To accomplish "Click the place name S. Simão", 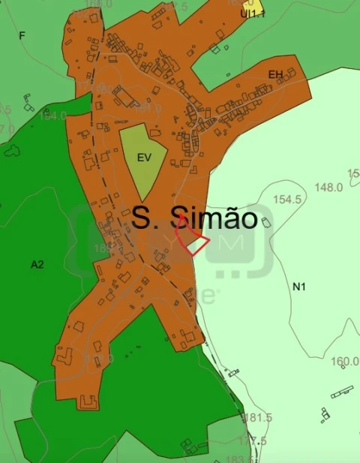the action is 195,218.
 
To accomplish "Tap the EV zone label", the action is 144,158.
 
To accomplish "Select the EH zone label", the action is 276,74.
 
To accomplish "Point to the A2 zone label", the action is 37,264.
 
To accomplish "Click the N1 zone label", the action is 299,287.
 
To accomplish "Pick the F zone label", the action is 22,35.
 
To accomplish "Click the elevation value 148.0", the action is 328,187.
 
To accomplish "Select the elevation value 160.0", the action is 344,361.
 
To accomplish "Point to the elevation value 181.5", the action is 257,418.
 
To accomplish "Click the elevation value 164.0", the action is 53,116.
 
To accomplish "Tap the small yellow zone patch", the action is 255,8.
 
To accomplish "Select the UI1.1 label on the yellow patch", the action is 252,14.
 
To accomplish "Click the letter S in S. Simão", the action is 140,218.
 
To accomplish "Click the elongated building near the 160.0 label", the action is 342,391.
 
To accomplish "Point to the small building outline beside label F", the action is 28,101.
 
